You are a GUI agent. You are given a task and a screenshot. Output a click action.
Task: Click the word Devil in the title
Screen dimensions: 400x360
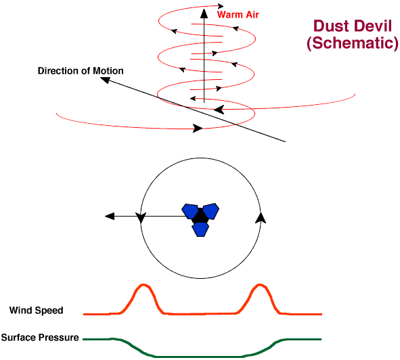(x=372, y=26)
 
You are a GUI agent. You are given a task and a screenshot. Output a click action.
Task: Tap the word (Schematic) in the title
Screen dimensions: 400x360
(x=353, y=43)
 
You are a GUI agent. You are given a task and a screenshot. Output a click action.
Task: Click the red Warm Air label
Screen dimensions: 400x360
(x=238, y=14)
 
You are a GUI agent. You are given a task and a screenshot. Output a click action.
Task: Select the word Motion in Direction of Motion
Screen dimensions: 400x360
(x=108, y=70)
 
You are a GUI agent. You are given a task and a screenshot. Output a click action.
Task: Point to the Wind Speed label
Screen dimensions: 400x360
(x=37, y=310)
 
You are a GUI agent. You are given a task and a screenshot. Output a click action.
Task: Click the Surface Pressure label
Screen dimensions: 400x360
(x=40, y=337)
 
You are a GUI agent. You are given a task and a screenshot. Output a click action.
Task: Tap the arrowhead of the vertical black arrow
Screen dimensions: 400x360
(x=204, y=14)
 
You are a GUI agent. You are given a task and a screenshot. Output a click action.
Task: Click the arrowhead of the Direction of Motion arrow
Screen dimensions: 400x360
(x=105, y=80)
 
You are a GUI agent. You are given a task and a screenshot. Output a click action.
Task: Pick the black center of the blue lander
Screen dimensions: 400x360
(x=200, y=217)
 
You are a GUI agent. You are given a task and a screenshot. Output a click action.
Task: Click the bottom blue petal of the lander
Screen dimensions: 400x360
(x=200, y=229)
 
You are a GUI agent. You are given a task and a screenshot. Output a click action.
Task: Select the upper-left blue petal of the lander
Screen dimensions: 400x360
(x=190, y=211)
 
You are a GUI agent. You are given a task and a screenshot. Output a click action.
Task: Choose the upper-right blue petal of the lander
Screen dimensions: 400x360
(x=211, y=210)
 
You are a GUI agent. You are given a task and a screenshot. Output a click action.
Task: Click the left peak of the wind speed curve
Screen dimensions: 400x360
(x=143, y=284)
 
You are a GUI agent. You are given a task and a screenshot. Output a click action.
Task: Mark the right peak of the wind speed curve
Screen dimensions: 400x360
(x=259, y=284)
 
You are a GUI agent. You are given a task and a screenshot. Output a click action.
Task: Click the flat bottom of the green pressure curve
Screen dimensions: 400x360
(x=199, y=357)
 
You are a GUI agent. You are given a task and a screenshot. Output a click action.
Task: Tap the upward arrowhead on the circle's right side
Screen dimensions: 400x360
(x=261, y=218)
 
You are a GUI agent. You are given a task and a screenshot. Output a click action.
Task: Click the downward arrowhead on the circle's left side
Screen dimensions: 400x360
(x=141, y=218)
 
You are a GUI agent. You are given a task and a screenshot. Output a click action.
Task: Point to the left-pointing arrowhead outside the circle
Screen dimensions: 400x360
(x=110, y=217)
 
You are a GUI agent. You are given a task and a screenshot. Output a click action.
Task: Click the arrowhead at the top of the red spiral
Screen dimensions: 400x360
(x=221, y=6)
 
